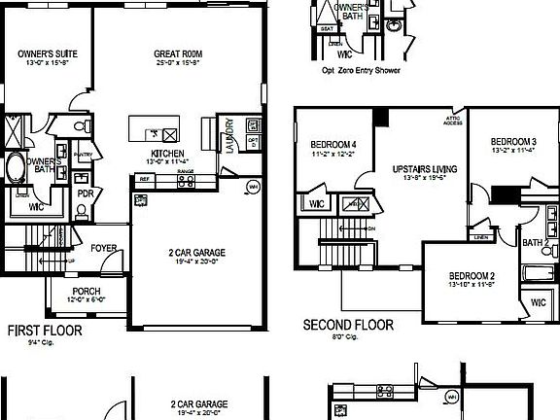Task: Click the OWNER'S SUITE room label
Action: (x=49, y=53)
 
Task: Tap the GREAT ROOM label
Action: (x=177, y=53)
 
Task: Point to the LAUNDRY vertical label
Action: (x=229, y=135)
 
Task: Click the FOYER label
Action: (x=104, y=248)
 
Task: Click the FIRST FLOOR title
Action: (x=45, y=331)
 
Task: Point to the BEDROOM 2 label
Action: (x=472, y=276)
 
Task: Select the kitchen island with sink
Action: (x=155, y=132)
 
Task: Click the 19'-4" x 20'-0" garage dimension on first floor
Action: (x=198, y=262)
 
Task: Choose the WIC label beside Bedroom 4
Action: (x=316, y=203)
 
